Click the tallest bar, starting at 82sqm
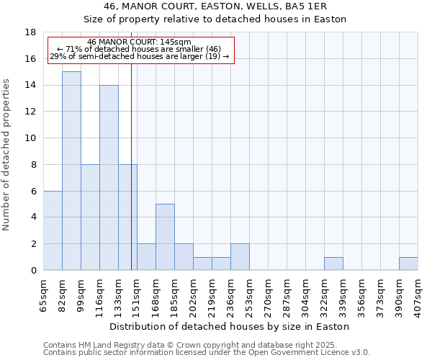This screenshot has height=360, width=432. [71, 171]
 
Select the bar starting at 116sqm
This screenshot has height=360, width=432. [109, 177]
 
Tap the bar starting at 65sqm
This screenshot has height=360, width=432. [53, 230]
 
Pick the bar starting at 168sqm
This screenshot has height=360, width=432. [165, 237]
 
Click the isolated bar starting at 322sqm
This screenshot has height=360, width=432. [333, 264]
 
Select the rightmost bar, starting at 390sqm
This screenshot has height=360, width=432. [408, 264]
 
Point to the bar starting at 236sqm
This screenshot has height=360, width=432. [240, 257]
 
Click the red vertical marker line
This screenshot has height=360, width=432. [131, 180]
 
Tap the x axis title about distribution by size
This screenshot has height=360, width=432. [230, 326]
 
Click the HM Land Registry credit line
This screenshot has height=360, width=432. [195, 345]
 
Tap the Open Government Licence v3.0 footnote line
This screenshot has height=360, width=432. [207, 353]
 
